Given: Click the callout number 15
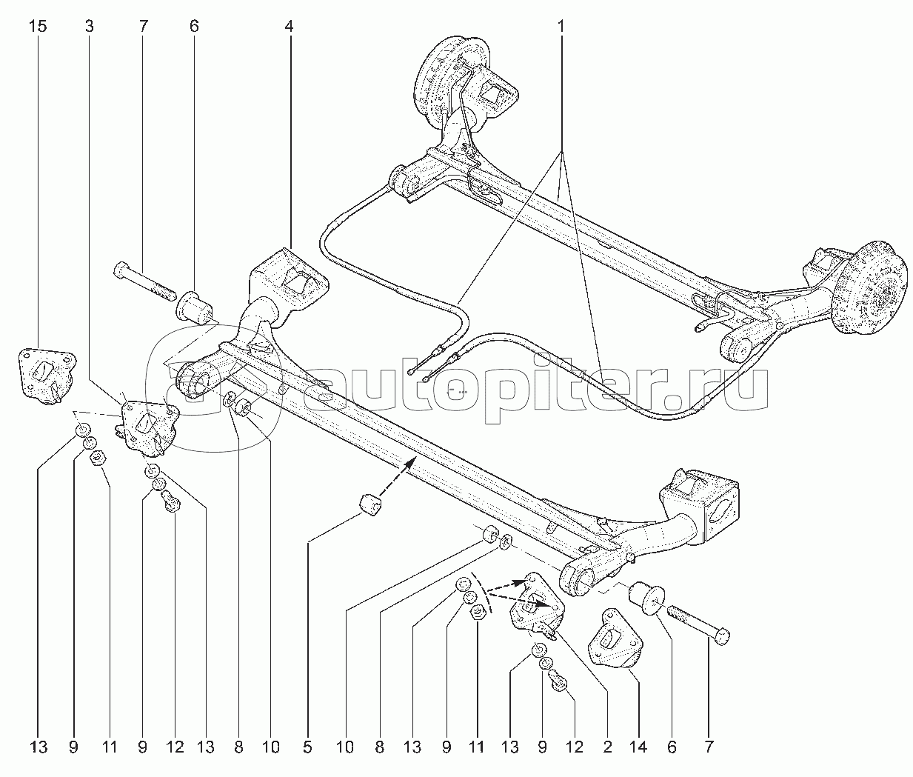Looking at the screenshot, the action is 38,27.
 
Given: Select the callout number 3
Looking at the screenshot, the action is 89,27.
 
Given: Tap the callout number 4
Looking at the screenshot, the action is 289,27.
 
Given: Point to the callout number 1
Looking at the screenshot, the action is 561,27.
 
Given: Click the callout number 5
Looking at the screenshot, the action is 307,747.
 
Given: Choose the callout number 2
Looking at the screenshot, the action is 607,747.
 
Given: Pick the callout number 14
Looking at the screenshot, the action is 639,747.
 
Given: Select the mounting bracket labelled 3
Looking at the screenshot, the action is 148,427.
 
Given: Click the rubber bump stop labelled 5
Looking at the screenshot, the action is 371,505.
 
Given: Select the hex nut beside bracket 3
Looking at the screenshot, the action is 97,458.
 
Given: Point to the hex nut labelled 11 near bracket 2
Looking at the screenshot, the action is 478,613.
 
